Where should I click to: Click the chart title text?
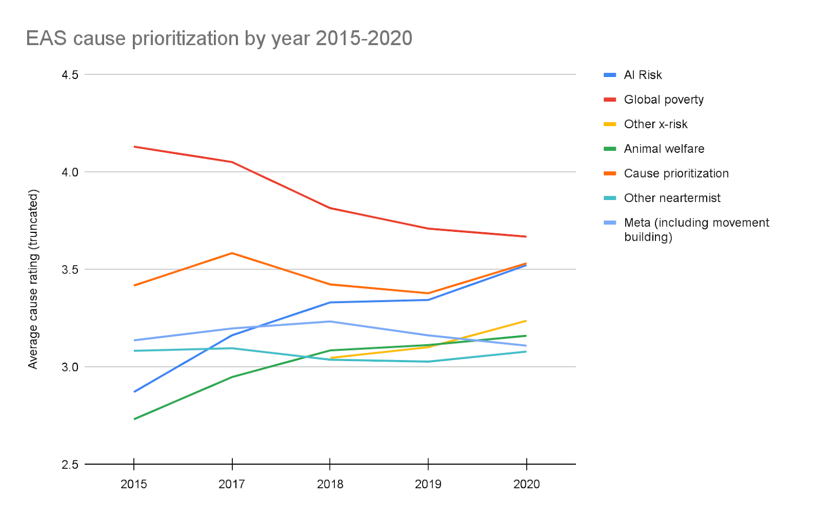coord(219,39)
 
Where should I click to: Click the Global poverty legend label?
coord(664,100)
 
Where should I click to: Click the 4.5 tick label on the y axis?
coord(70,75)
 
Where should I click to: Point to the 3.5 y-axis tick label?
coord(70,269)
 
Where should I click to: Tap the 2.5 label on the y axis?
coord(70,465)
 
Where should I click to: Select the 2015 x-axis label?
coord(134,485)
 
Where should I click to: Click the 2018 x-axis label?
coord(330,485)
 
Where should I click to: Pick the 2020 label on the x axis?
coord(526,485)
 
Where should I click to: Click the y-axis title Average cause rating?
coord(33,279)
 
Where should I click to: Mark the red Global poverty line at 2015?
coord(134,147)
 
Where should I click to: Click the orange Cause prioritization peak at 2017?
coord(232,253)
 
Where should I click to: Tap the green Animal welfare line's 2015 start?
coord(134,419)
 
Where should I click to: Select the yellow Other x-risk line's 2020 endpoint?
coord(526,321)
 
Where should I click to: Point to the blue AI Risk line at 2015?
coord(134,392)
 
